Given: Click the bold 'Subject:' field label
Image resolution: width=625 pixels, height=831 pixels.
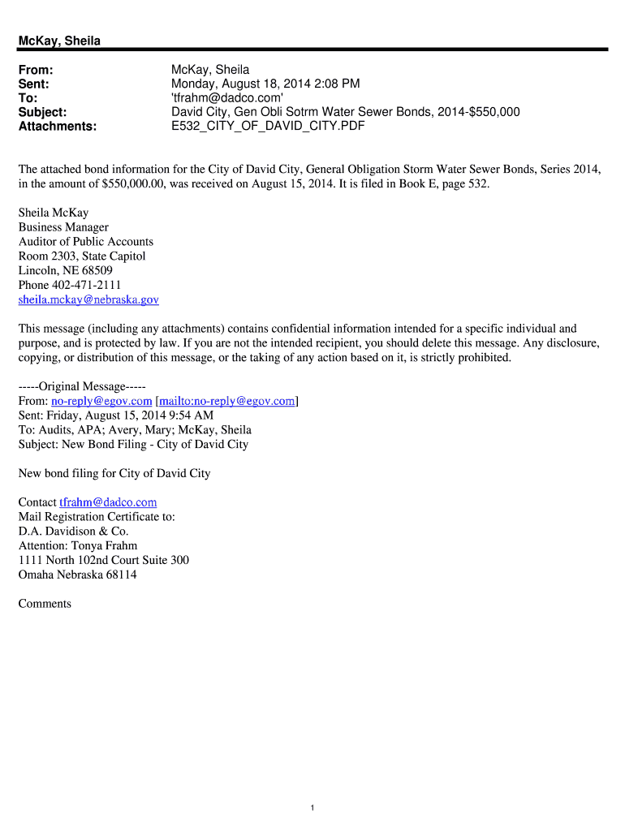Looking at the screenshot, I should [42, 112].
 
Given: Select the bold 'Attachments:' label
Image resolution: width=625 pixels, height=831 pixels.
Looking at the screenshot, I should [57, 127].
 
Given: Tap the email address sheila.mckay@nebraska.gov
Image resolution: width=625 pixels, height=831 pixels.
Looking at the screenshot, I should [88, 299].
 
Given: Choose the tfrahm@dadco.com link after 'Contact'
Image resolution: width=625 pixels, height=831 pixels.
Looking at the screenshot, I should [108, 502].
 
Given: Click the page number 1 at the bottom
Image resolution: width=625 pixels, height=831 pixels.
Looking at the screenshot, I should [312, 807].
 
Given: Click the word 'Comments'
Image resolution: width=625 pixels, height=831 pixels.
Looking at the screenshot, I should [45, 604].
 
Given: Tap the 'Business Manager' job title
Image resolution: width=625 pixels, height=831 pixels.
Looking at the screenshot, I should [63, 227].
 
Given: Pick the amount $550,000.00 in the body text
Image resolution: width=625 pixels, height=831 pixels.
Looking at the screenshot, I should [138, 184].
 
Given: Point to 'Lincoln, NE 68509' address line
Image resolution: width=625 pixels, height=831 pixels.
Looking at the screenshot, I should [66, 270].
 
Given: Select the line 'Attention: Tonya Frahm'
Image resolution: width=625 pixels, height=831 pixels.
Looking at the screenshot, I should [78, 545].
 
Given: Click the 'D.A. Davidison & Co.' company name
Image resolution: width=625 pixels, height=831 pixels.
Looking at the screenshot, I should [74, 531].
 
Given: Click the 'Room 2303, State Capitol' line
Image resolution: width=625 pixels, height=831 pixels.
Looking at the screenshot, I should [82, 256].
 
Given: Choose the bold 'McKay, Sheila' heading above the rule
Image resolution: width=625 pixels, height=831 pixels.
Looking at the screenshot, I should [59, 41].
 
